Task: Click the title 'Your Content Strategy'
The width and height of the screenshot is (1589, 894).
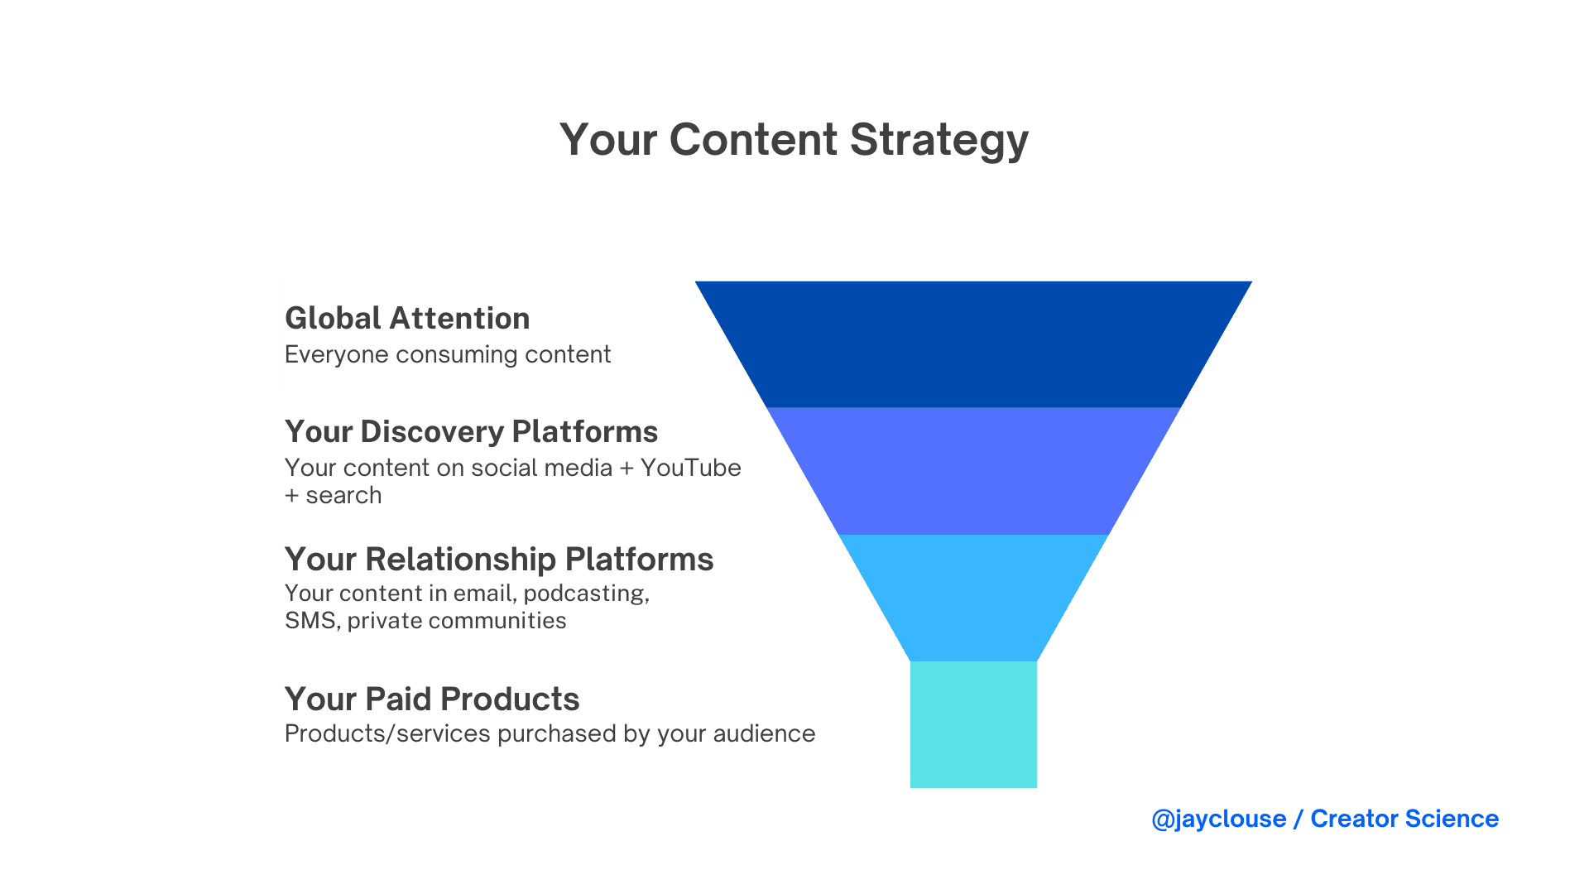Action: click(x=794, y=140)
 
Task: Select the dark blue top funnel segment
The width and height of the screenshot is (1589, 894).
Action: click(x=973, y=344)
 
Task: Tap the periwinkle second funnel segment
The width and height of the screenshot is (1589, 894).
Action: click(x=973, y=471)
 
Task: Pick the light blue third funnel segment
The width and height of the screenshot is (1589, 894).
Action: click(x=973, y=598)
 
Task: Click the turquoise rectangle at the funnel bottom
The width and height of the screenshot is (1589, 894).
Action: click(x=973, y=724)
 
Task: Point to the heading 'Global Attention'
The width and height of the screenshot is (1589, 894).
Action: click(x=407, y=318)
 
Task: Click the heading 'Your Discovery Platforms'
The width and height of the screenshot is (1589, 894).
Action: click(x=471, y=432)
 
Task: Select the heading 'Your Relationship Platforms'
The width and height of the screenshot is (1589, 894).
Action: click(x=499, y=560)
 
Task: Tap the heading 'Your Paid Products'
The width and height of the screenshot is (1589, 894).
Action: click(x=432, y=699)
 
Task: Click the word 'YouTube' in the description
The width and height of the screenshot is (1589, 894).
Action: click(x=691, y=468)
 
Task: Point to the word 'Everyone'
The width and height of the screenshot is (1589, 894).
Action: click(x=337, y=355)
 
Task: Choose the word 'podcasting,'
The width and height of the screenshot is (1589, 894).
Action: click(x=587, y=594)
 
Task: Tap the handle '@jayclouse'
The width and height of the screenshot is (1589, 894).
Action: click(x=1219, y=819)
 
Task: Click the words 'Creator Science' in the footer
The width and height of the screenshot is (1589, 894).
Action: click(x=1404, y=819)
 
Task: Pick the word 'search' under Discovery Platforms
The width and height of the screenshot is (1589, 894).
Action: click(x=343, y=495)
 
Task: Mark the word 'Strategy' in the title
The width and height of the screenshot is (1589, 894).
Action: click(x=939, y=140)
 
